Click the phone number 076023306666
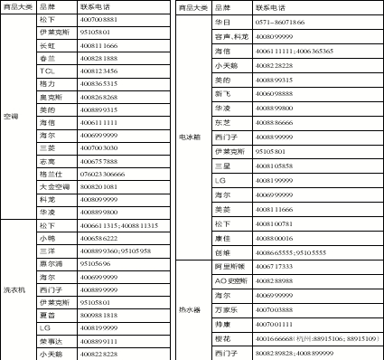pyautogui.click(x=102, y=173)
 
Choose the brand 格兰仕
pyautogui.click(x=52, y=173)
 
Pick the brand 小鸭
pyautogui.click(x=47, y=237)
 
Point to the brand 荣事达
pyautogui.click(x=52, y=341)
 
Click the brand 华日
pyautogui.click(x=222, y=20)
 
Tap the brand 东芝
pyautogui.click(x=222, y=122)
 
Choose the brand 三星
pyautogui.click(x=222, y=166)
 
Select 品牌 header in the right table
pyautogui.click(x=222, y=5)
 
